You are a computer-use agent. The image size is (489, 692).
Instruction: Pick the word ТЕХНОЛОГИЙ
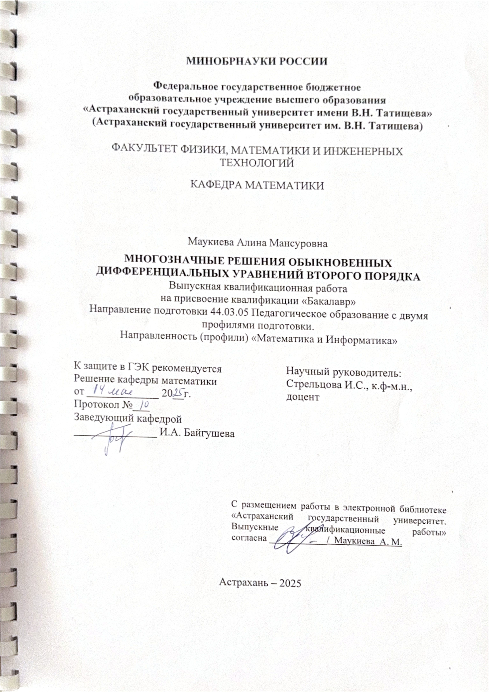point(257,163)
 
